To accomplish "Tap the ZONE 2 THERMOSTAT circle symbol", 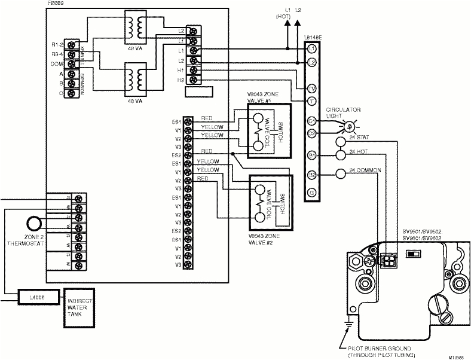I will [x=33, y=224].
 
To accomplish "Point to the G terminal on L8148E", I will [x=311, y=192].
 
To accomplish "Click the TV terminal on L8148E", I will [x=311, y=89].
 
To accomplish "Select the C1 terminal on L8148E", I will [x=311, y=120].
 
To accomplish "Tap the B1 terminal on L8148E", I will [x=311, y=155].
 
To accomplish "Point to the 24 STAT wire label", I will [x=360, y=137].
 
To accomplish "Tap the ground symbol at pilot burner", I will [x=347, y=324].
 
